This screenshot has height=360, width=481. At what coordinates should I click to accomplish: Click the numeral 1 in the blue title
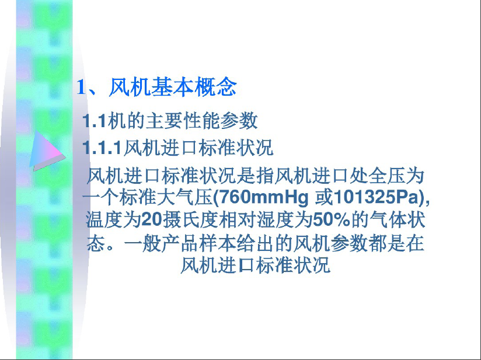pyautogui.click(x=81, y=87)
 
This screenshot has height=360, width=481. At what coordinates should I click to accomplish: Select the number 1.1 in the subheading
pyautogui.click(x=95, y=121)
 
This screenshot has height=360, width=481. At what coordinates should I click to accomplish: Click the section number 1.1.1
pyautogui.click(x=103, y=148)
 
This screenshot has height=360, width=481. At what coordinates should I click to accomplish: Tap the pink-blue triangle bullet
pyautogui.click(x=47, y=151)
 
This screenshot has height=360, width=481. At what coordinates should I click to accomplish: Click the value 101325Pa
pyautogui.click(x=376, y=197)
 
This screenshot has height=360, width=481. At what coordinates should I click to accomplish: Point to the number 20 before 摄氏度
pyautogui.click(x=151, y=220)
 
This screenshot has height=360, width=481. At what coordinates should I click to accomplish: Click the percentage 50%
pyautogui.click(x=332, y=220)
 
